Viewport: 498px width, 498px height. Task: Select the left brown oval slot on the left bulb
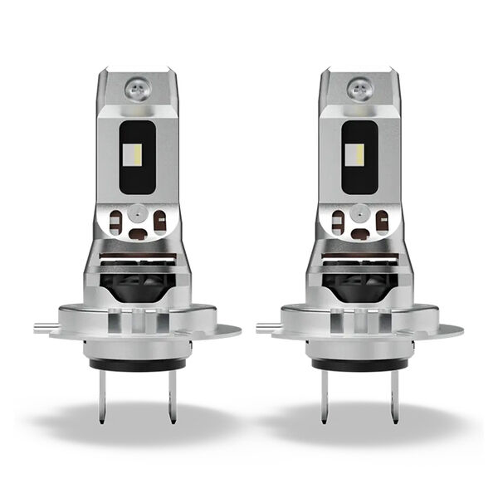tap(116, 222)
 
